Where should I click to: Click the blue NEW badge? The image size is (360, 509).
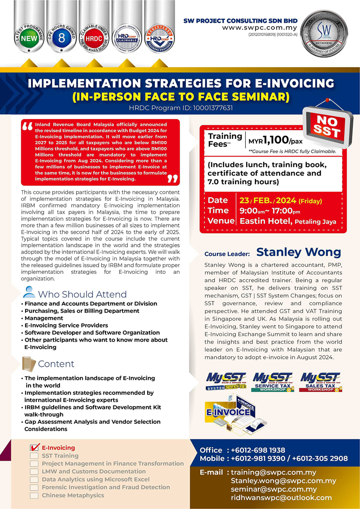pyautogui.click(x=30, y=38)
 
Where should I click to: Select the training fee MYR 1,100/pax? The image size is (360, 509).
pyautogui.click(x=276, y=141)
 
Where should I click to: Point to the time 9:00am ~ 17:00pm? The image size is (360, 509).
pyautogui.click(x=276, y=210)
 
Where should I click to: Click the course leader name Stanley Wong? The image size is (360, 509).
pyautogui.click(x=298, y=252)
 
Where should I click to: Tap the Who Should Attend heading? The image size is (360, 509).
pyautogui.click(x=82, y=294)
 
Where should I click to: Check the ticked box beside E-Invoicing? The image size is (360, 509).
pyautogui.click(x=34, y=448)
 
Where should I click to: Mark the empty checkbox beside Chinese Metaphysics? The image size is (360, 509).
pyautogui.click(x=34, y=495)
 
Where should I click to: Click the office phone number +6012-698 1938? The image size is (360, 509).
pyautogui.click(x=257, y=450)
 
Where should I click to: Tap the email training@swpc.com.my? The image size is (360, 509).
pyautogui.click(x=273, y=472)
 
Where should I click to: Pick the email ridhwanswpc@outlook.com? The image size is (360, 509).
pyautogui.click(x=281, y=497)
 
